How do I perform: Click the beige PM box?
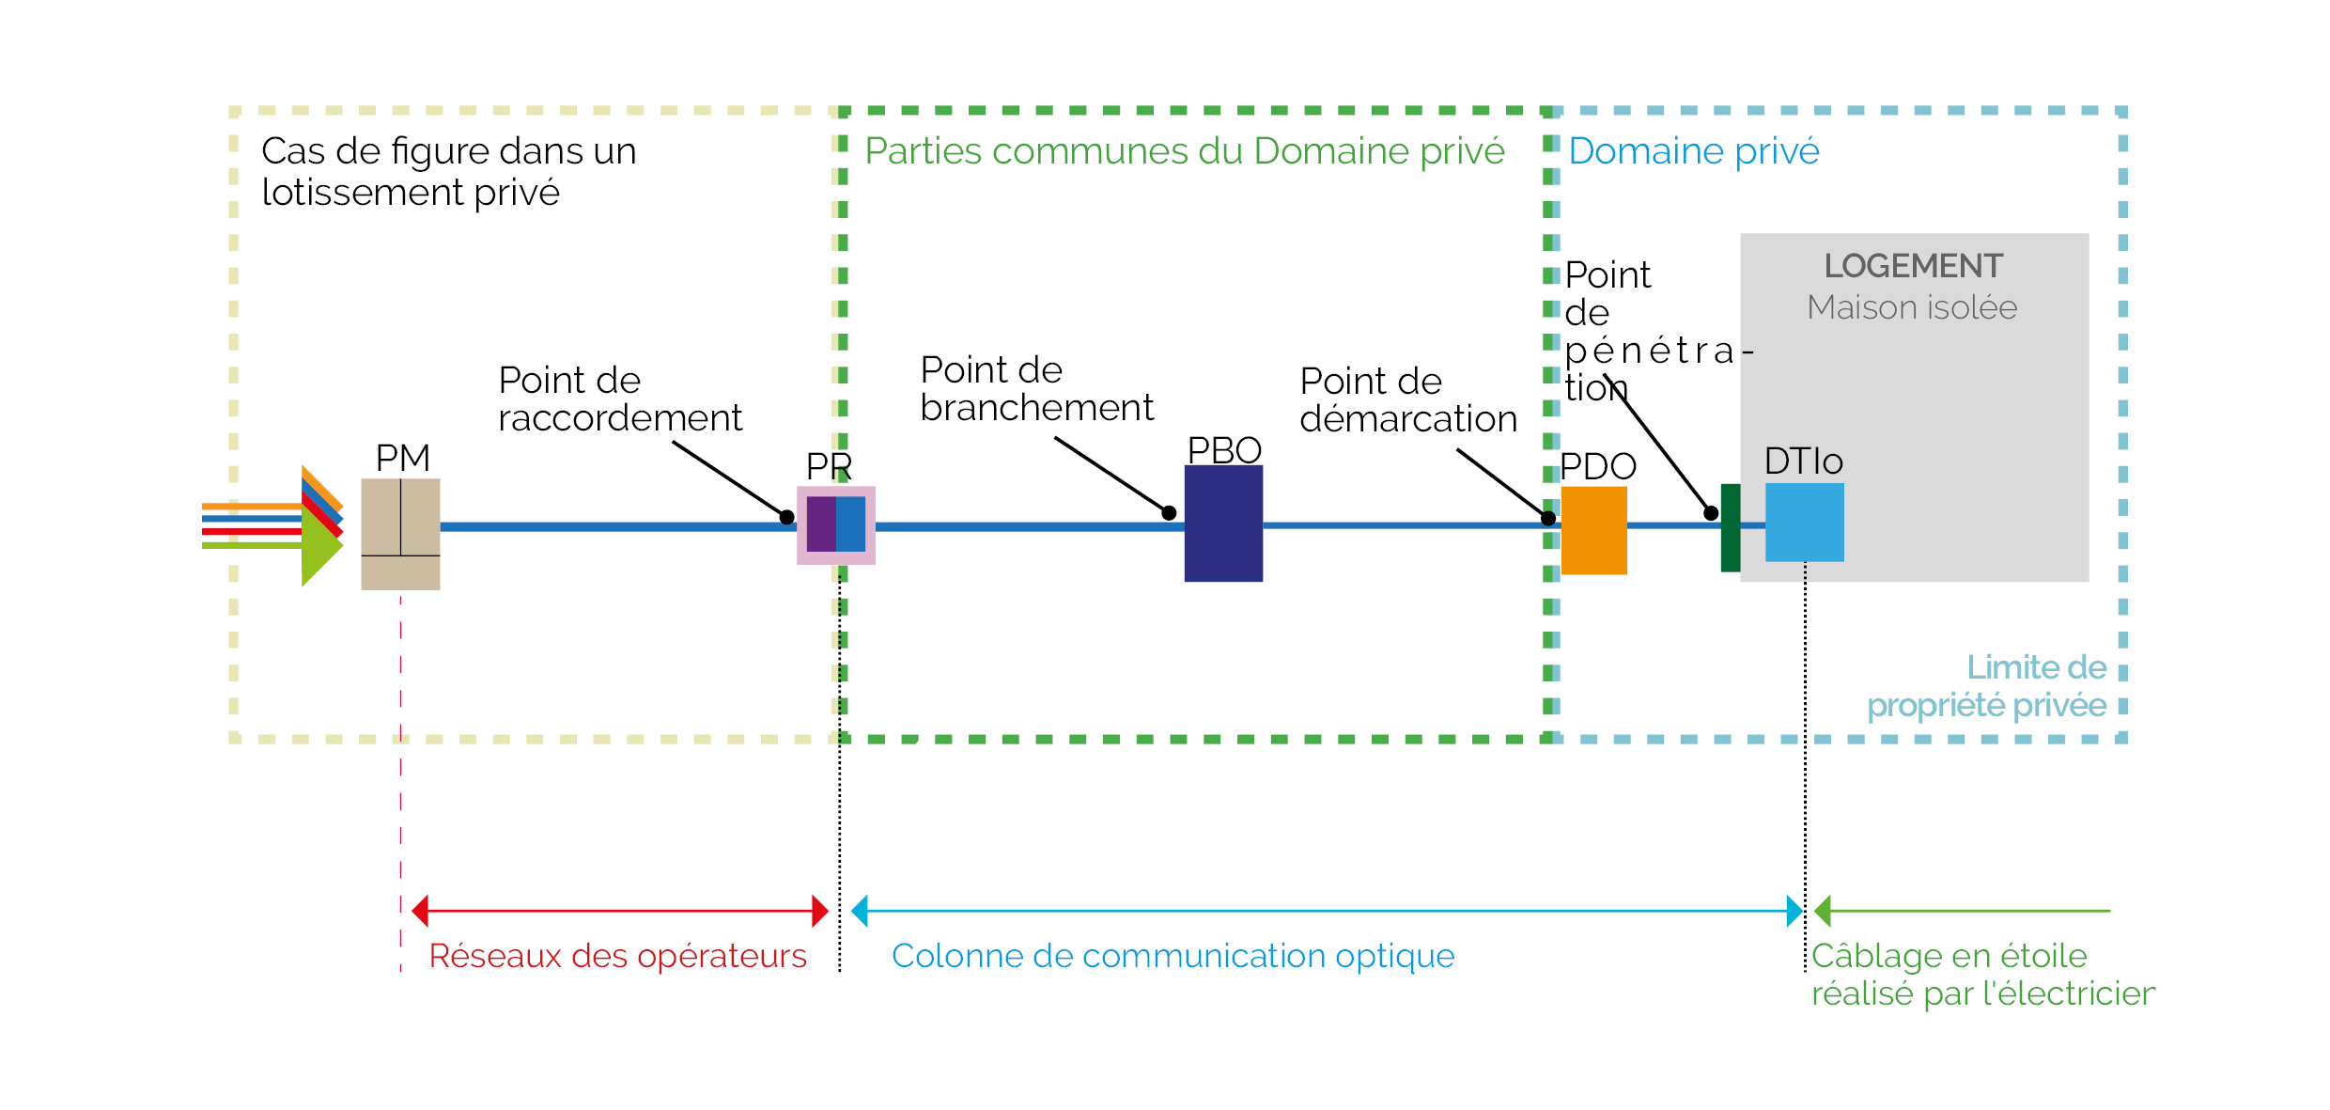400,534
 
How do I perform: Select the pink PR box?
836,525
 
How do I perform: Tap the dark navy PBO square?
1223,524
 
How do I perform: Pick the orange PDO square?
1593,530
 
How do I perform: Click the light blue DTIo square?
1804,523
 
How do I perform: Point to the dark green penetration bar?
1730,528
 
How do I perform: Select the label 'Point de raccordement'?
619,399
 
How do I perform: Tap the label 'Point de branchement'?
1036,389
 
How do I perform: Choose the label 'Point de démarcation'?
1407,400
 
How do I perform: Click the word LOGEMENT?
1913,266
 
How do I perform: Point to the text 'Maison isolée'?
1912,308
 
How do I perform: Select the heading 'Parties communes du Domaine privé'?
1184,151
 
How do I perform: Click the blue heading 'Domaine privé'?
1693,151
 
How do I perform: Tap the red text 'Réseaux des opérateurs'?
617,956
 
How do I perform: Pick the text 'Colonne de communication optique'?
1173,956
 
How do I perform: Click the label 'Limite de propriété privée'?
1986,686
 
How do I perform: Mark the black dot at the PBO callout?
1169,512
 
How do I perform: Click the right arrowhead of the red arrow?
820,911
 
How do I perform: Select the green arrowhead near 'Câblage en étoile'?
1823,911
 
